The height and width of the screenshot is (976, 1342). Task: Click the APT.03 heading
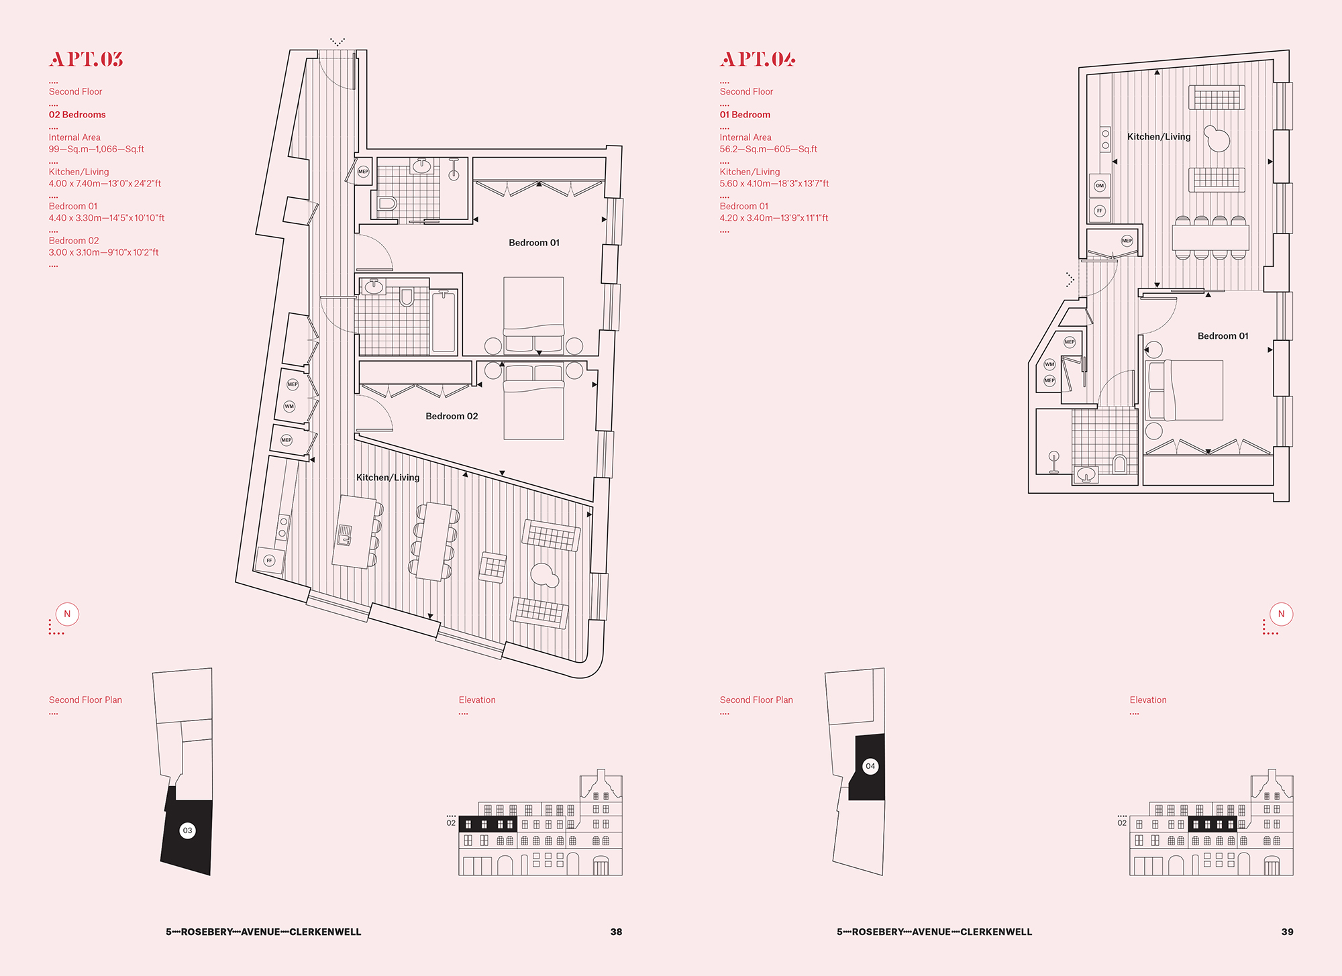pyautogui.click(x=86, y=59)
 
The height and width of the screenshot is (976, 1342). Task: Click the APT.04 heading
pyautogui.click(x=758, y=59)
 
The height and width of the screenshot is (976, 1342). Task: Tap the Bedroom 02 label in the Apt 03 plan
pyautogui.click(x=452, y=416)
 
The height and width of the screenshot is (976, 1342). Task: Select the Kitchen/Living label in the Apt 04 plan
pyautogui.click(x=1159, y=136)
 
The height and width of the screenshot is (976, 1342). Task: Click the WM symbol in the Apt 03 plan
pyautogui.click(x=289, y=406)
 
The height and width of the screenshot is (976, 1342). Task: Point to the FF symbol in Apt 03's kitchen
pyautogui.click(x=270, y=560)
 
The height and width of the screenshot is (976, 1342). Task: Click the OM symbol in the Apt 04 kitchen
pyautogui.click(x=1100, y=186)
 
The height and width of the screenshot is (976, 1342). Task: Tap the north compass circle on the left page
pyautogui.click(x=67, y=614)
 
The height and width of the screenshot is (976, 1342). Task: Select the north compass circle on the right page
pyautogui.click(x=1282, y=614)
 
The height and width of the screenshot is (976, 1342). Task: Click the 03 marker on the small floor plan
pyautogui.click(x=188, y=830)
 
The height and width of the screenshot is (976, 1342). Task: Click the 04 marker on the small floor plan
pyautogui.click(x=870, y=766)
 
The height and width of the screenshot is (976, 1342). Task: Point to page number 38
pyautogui.click(x=616, y=932)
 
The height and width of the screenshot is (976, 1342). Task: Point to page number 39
pyautogui.click(x=1287, y=932)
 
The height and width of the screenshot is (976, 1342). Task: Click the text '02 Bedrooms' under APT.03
pyautogui.click(x=77, y=115)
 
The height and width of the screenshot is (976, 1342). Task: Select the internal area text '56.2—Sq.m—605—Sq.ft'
pyautogui.click(x=768, y=149)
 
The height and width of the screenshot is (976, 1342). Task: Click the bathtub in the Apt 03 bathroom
pyautogui.click(x=444, y=321)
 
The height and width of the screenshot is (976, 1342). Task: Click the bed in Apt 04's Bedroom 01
pyautogui.click(x=1186, y=390)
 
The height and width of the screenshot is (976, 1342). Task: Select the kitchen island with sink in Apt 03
pyautogui.click(x=354, y=532)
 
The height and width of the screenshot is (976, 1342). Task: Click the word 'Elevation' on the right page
pyautogui.click(x=1148, y=700)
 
